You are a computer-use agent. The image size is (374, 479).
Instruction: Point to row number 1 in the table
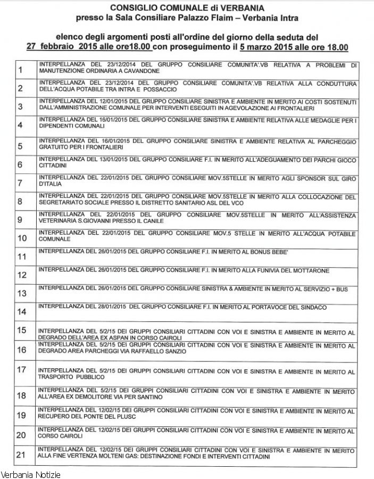coord(21,70)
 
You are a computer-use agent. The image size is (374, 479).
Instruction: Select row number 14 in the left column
coord(22,311)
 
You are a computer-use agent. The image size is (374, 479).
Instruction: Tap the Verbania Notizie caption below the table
coord(31,474)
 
